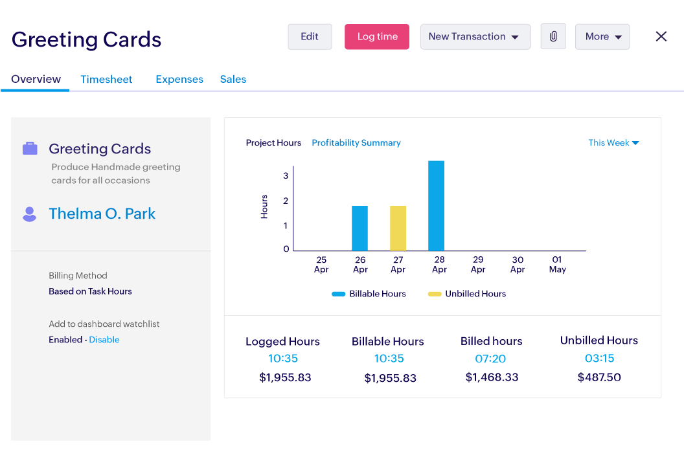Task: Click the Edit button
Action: pyautogui.click(x=310, y=37)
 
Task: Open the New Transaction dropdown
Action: pyautogui.click(x=475, y=37)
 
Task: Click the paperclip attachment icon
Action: pyautogui.click(x=553, y=37)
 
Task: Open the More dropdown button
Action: pyautogui.click(x=602, y=37)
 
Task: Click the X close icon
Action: pyautogui.click(x=661, y=37)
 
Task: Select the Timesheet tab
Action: pyautogui.click(x=106, y=80)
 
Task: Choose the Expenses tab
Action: pyautogui.click(x=179, y=80)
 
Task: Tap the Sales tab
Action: pyautogui.click(x=233, y=80)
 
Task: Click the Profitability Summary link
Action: pyautogui.click(x=356, y=143)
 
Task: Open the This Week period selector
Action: pyautogui.click(x=613, y=143)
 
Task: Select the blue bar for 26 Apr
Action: pyautogui.click(x=359, y=228)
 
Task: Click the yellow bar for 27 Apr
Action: pyautogui.click(x=398, y=228)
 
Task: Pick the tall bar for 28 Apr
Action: pyautogui.click(x=436, y=206)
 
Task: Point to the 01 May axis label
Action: pyautogui.click(x=557, y=265)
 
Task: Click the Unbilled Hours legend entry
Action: pyautogui.click(x=467, y=294)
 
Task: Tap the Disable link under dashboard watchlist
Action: pyautogui.click(x=104, y=340)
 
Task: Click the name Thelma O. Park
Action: pyautogui.click(x=102, y=214)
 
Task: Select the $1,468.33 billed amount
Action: pyautogui.click(x=492, y=377)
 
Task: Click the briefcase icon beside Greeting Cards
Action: pyautogui.click(x=30, y=149)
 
